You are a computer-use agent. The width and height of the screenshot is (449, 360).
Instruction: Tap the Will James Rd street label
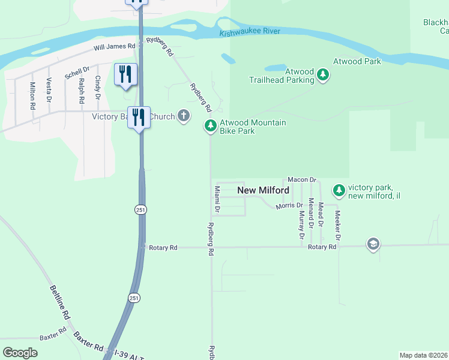[113, 46]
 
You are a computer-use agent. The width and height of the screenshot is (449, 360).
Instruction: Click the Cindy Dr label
[97, 88]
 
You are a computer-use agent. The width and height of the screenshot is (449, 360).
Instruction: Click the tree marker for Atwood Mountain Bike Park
[210, 125]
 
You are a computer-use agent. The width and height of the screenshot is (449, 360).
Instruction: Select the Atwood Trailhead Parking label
[291, 76]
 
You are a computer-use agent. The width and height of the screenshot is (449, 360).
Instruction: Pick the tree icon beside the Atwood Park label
[324, 74]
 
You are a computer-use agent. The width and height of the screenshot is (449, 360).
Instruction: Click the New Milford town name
[264, 190]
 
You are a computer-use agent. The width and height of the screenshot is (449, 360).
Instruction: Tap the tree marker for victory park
[339, 190]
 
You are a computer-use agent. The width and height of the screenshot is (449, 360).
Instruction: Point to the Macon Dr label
[301, 179]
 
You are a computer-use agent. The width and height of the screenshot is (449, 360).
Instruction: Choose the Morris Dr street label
[289, 206]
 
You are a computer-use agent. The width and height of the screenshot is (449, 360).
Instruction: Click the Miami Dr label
[217, 200]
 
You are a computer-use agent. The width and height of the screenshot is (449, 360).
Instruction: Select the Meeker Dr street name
[337, 226]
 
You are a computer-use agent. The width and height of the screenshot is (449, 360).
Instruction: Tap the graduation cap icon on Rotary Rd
[373, 244]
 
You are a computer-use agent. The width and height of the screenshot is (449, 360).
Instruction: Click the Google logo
[20, 353]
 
